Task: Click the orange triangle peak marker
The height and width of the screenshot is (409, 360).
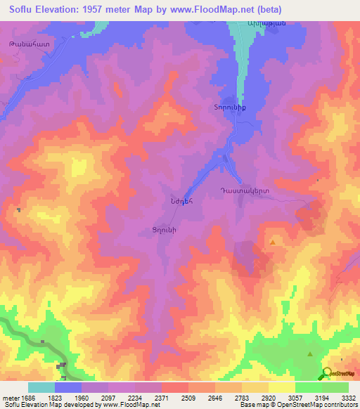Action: (273, 242)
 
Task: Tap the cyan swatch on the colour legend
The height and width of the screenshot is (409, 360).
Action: (41, 387)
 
